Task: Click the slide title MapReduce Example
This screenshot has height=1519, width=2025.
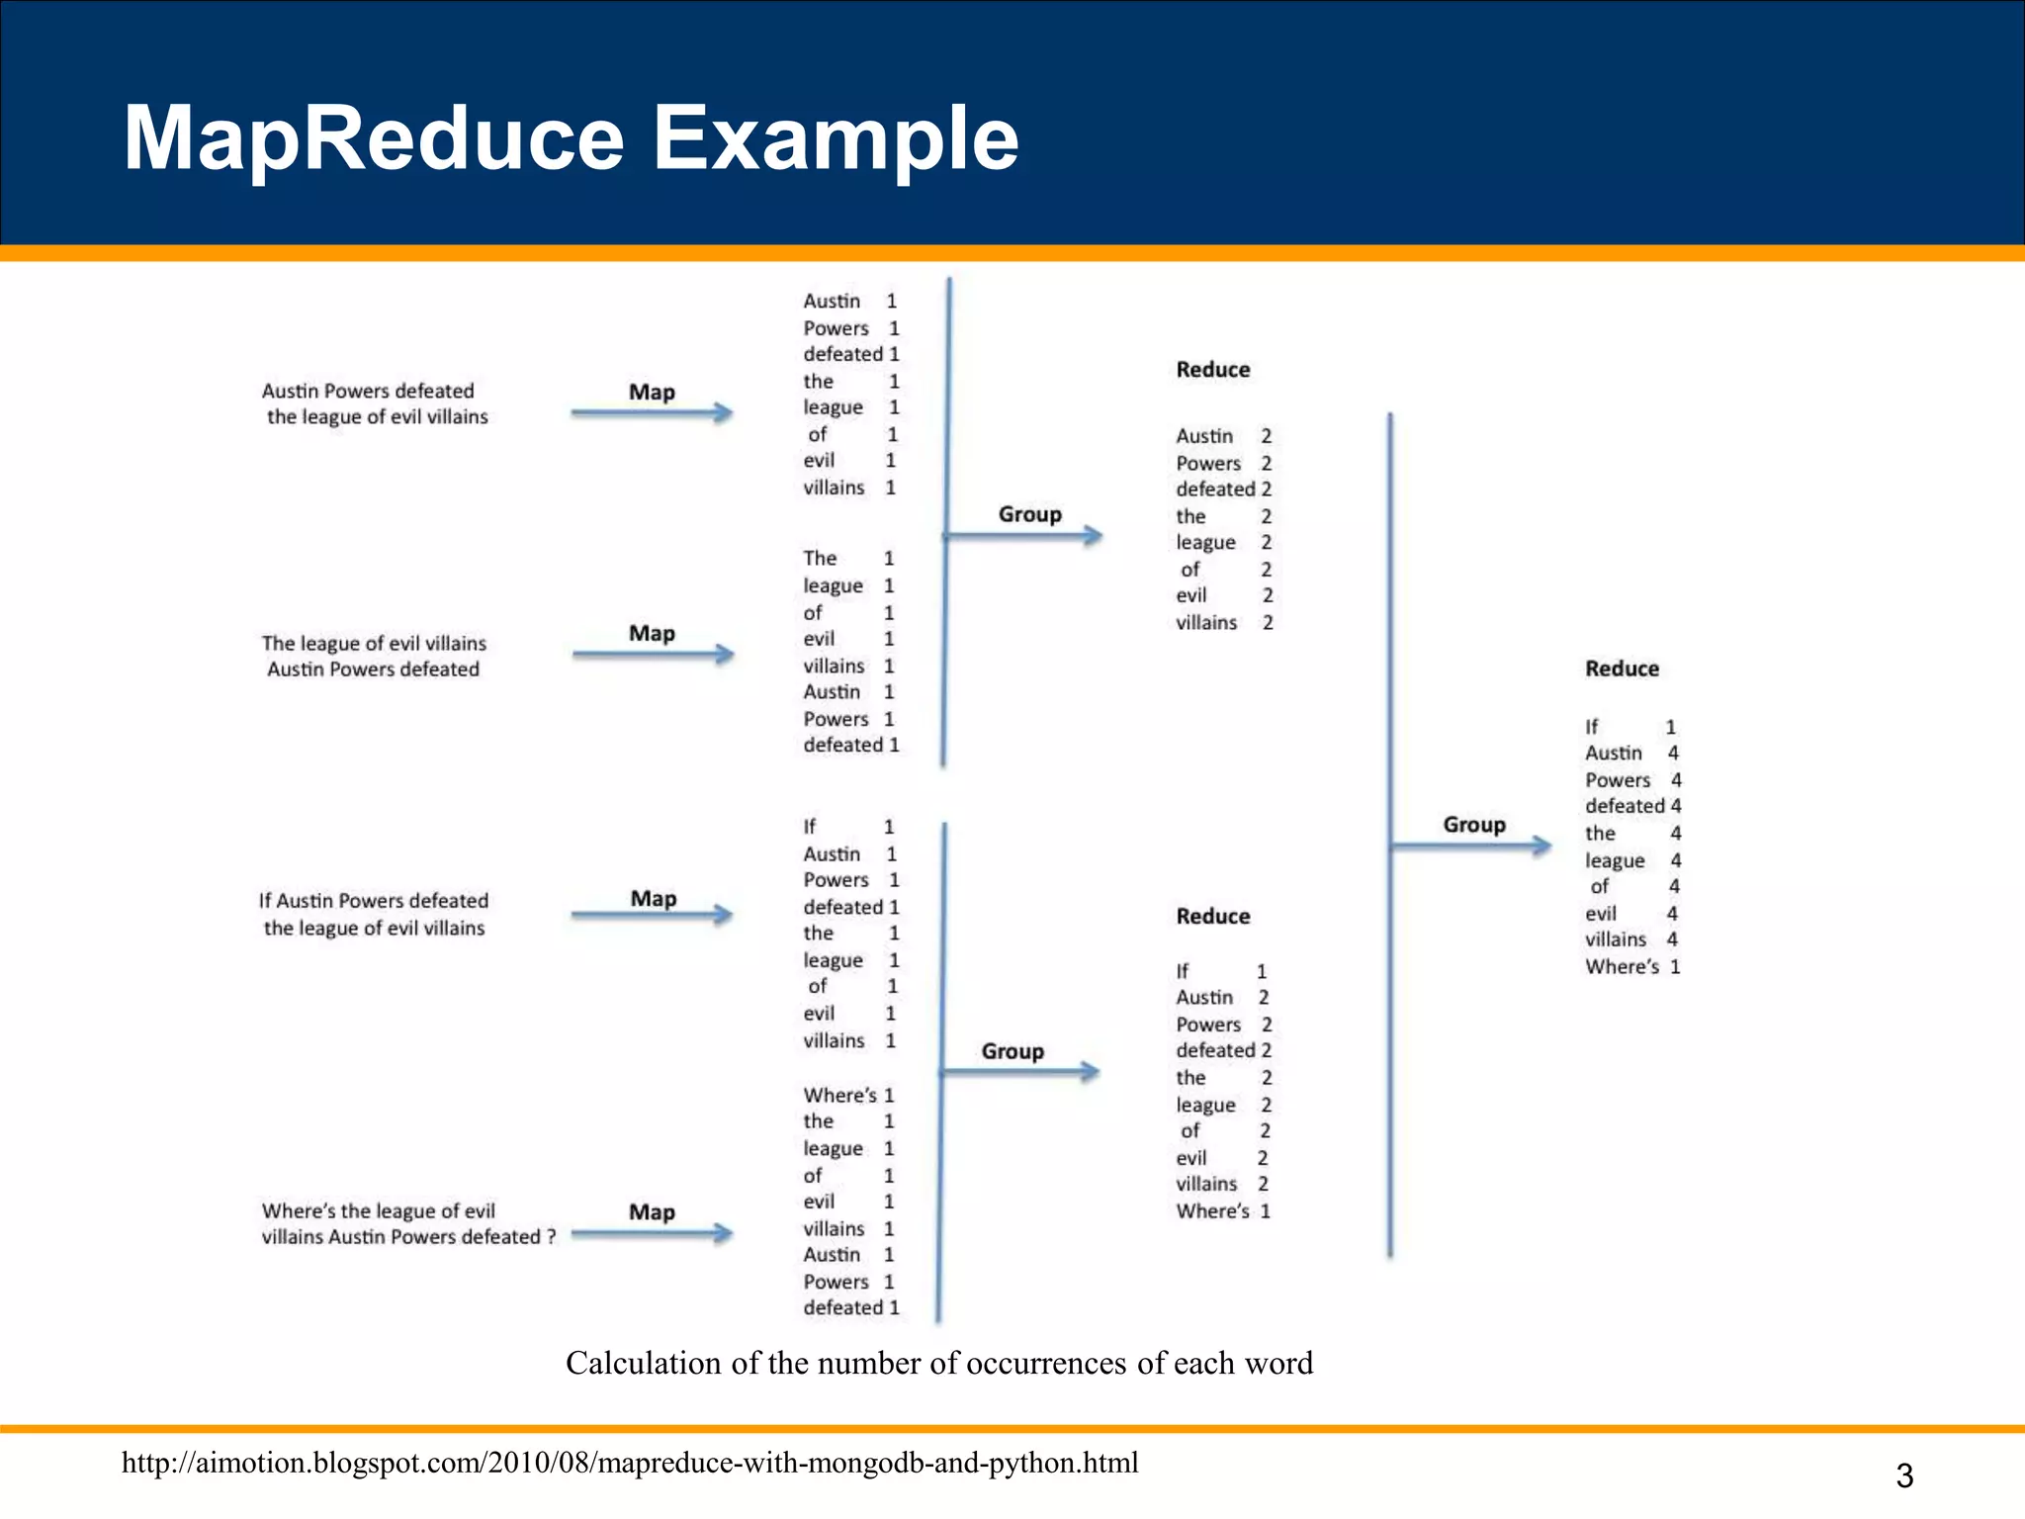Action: coord(571,138)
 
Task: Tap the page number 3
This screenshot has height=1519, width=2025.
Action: coord(1903,1475)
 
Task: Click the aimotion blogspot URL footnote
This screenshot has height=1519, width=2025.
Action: coord(630,1463)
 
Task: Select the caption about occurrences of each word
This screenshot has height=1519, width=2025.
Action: coord(938,1363)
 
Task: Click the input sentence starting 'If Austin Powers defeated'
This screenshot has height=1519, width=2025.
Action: coord(374,914)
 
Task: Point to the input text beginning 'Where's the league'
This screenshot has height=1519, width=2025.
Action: coord(407,1223)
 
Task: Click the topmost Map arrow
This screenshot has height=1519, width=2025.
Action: coord(652,412)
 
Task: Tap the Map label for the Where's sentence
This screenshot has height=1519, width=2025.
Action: coord(652,1211)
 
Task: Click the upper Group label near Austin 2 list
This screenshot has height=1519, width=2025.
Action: coord(1029,514)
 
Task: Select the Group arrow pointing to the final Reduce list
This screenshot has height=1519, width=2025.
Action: coord(1471,846)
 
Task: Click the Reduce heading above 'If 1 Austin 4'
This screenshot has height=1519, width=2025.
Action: coord(1622,669)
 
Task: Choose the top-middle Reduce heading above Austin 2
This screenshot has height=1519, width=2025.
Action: coord(1212,370)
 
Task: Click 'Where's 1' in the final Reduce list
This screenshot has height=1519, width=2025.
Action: coord(1631,967)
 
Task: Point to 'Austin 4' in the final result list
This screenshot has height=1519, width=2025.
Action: coord(1631,754)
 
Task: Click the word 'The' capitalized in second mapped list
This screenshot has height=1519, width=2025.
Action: coord(820,559)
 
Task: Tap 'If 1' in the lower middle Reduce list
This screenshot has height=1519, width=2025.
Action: coord(1220,971)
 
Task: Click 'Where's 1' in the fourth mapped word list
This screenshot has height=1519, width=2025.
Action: coord(847,1095)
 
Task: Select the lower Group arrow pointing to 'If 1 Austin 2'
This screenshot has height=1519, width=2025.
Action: coord(1020,1071)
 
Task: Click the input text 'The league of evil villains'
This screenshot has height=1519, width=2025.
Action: coord(374,643)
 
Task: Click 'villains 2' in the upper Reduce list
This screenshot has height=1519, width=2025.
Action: coord(1223,623)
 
